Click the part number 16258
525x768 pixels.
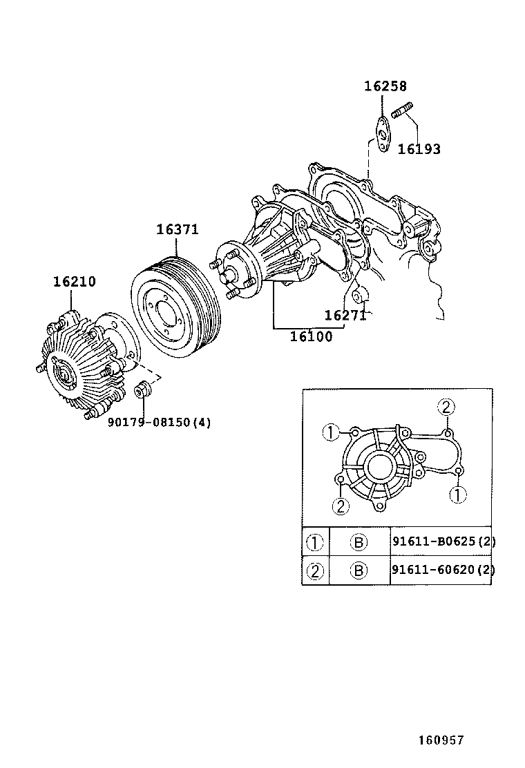[385, 86]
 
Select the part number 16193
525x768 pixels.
[419, 149]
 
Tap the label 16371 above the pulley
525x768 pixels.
[177, 230]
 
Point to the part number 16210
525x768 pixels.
[75, 282]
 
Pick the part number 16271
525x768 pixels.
[345, 316]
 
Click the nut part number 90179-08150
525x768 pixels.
[159, 422]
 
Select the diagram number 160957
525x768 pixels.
[440, 740]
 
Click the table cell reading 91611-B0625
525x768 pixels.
[443, 541]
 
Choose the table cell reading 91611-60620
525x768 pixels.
[443, 570]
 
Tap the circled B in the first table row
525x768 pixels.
[359, 542]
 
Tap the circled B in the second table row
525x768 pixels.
[359, 570]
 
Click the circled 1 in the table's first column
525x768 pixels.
[315, 542]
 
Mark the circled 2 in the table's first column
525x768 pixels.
[315, 570]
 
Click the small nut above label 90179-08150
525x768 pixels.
[142, 388]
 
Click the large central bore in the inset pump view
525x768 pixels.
[379, 468]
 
